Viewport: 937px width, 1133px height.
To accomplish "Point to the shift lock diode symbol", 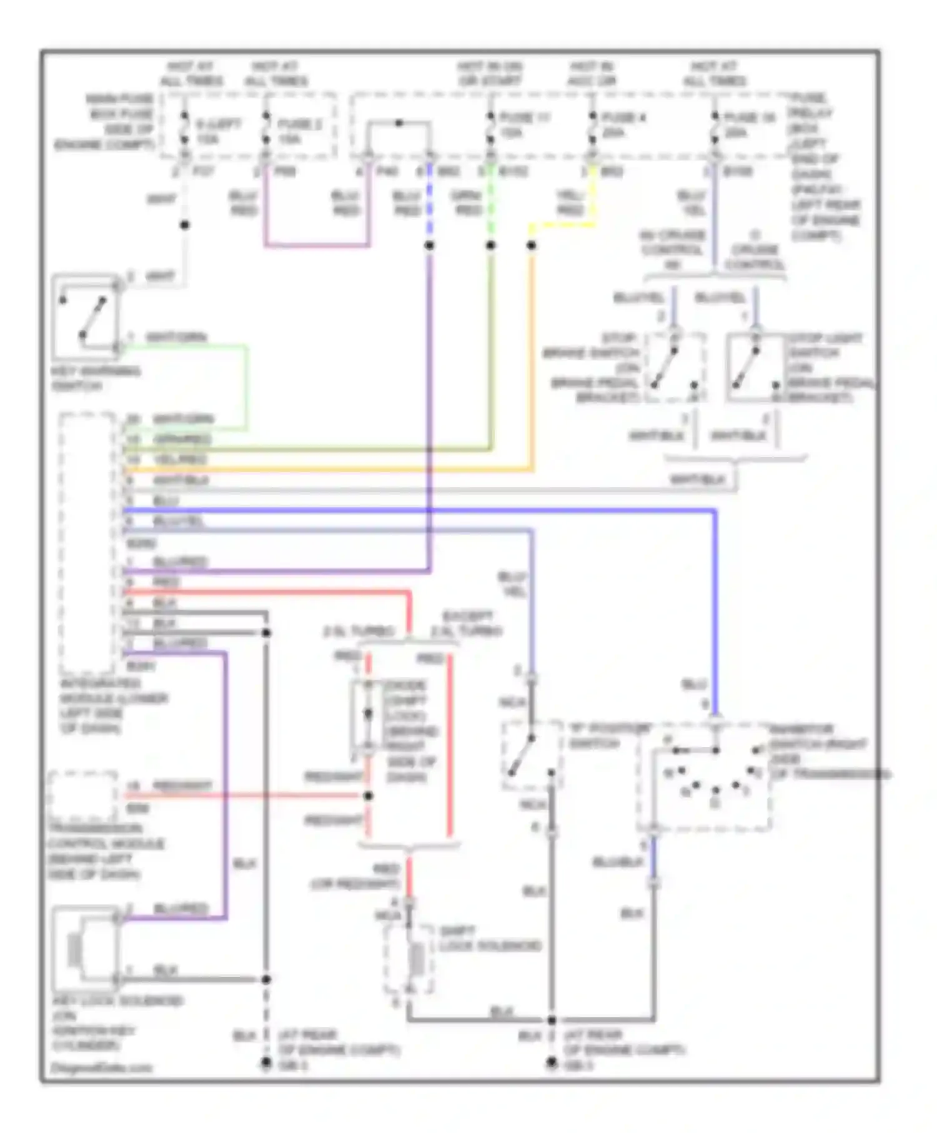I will pyautogui.click(x=368, y=715).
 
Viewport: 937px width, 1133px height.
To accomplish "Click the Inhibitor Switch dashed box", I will pyautogui.click(x=703, y=778).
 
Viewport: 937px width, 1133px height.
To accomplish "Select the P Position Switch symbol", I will pyautogui.click(x=531, y=756).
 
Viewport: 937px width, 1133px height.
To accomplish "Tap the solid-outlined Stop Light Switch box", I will pyautogui.click(x=755, y=369).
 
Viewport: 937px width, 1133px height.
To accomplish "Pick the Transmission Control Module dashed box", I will pyautogui.click(x=82, y=796).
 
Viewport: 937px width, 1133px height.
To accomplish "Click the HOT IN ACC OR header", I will pyautogui.click(x=592, y=74).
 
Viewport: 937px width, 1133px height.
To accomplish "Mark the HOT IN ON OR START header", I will pyautogui.click(x=490, y=74).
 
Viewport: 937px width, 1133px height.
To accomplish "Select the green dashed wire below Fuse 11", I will pyautogui.click(x=491, y=200).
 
